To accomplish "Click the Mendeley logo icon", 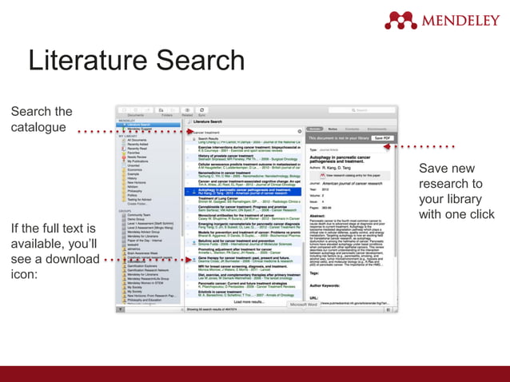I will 400,19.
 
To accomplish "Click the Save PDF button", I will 382,138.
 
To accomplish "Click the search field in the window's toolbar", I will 372,110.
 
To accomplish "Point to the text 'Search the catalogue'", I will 42,119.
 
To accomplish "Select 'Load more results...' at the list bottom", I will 240,301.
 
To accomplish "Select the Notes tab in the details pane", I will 332,128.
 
